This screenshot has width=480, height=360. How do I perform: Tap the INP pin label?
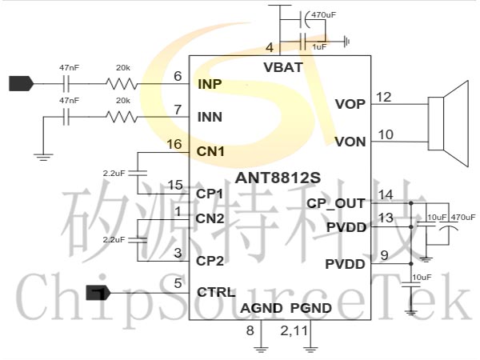point(210,83)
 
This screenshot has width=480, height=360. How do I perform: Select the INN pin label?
point(210,117)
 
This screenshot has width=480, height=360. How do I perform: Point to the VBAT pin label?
point(282,67)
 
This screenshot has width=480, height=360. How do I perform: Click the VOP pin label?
point(350,104)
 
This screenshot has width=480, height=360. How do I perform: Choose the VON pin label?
point(350,142)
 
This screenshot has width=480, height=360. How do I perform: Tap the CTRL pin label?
point(216,292)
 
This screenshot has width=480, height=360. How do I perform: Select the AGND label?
point(261,308)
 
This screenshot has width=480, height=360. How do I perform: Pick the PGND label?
point(310,308)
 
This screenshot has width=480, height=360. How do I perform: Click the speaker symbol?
point(448,120)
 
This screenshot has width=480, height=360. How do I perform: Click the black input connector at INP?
point(20,82)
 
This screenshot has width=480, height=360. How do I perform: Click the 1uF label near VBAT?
point(319,47)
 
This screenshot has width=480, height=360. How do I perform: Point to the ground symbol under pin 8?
point(260,348)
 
